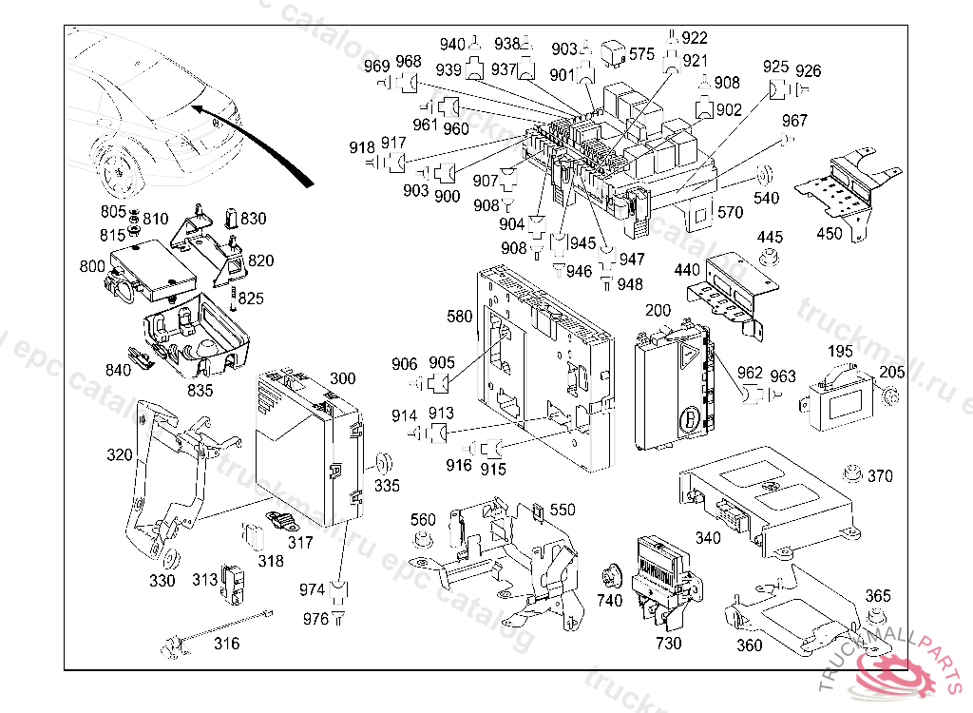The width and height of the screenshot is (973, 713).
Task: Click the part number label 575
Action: (x=642, y=54)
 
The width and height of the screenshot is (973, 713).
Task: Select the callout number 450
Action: (x=830, y=234)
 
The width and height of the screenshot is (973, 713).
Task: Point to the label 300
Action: (x=342, y=379)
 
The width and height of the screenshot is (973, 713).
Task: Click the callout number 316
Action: (x=226, y=644)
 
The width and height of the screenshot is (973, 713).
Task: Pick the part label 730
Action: (x=668, y=643)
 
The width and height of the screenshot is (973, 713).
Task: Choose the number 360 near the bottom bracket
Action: (x=749, y=646)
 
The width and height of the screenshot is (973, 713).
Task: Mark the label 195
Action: (x=840, y=353)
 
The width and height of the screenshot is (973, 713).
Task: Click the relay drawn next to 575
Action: (x=614, y=54)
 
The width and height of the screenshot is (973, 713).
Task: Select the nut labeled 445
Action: (x=768, y=258)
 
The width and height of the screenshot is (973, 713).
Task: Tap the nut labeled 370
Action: (x=850, y=473)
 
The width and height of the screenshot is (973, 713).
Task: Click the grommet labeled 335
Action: (x=385, y=465)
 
